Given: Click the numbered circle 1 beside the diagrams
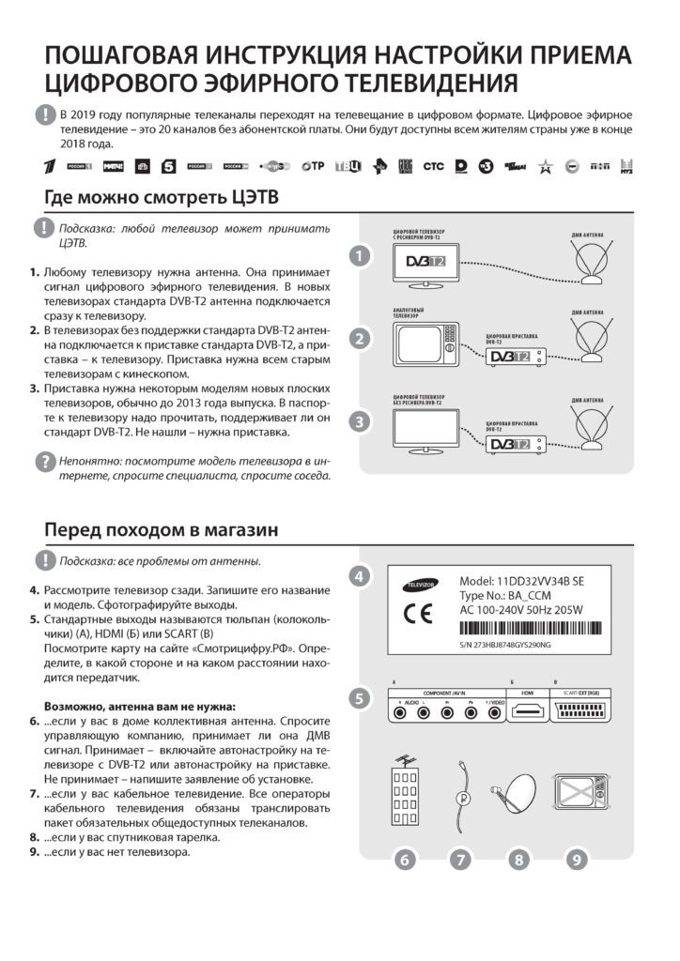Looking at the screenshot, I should (359, 256).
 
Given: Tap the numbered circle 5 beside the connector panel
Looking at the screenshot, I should (359, 698).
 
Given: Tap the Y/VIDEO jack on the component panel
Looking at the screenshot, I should (492, 711).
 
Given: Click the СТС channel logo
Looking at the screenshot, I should (433, 166).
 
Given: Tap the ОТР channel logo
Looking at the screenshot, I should (313, 166).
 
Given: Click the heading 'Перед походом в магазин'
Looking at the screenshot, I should (162, 530).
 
